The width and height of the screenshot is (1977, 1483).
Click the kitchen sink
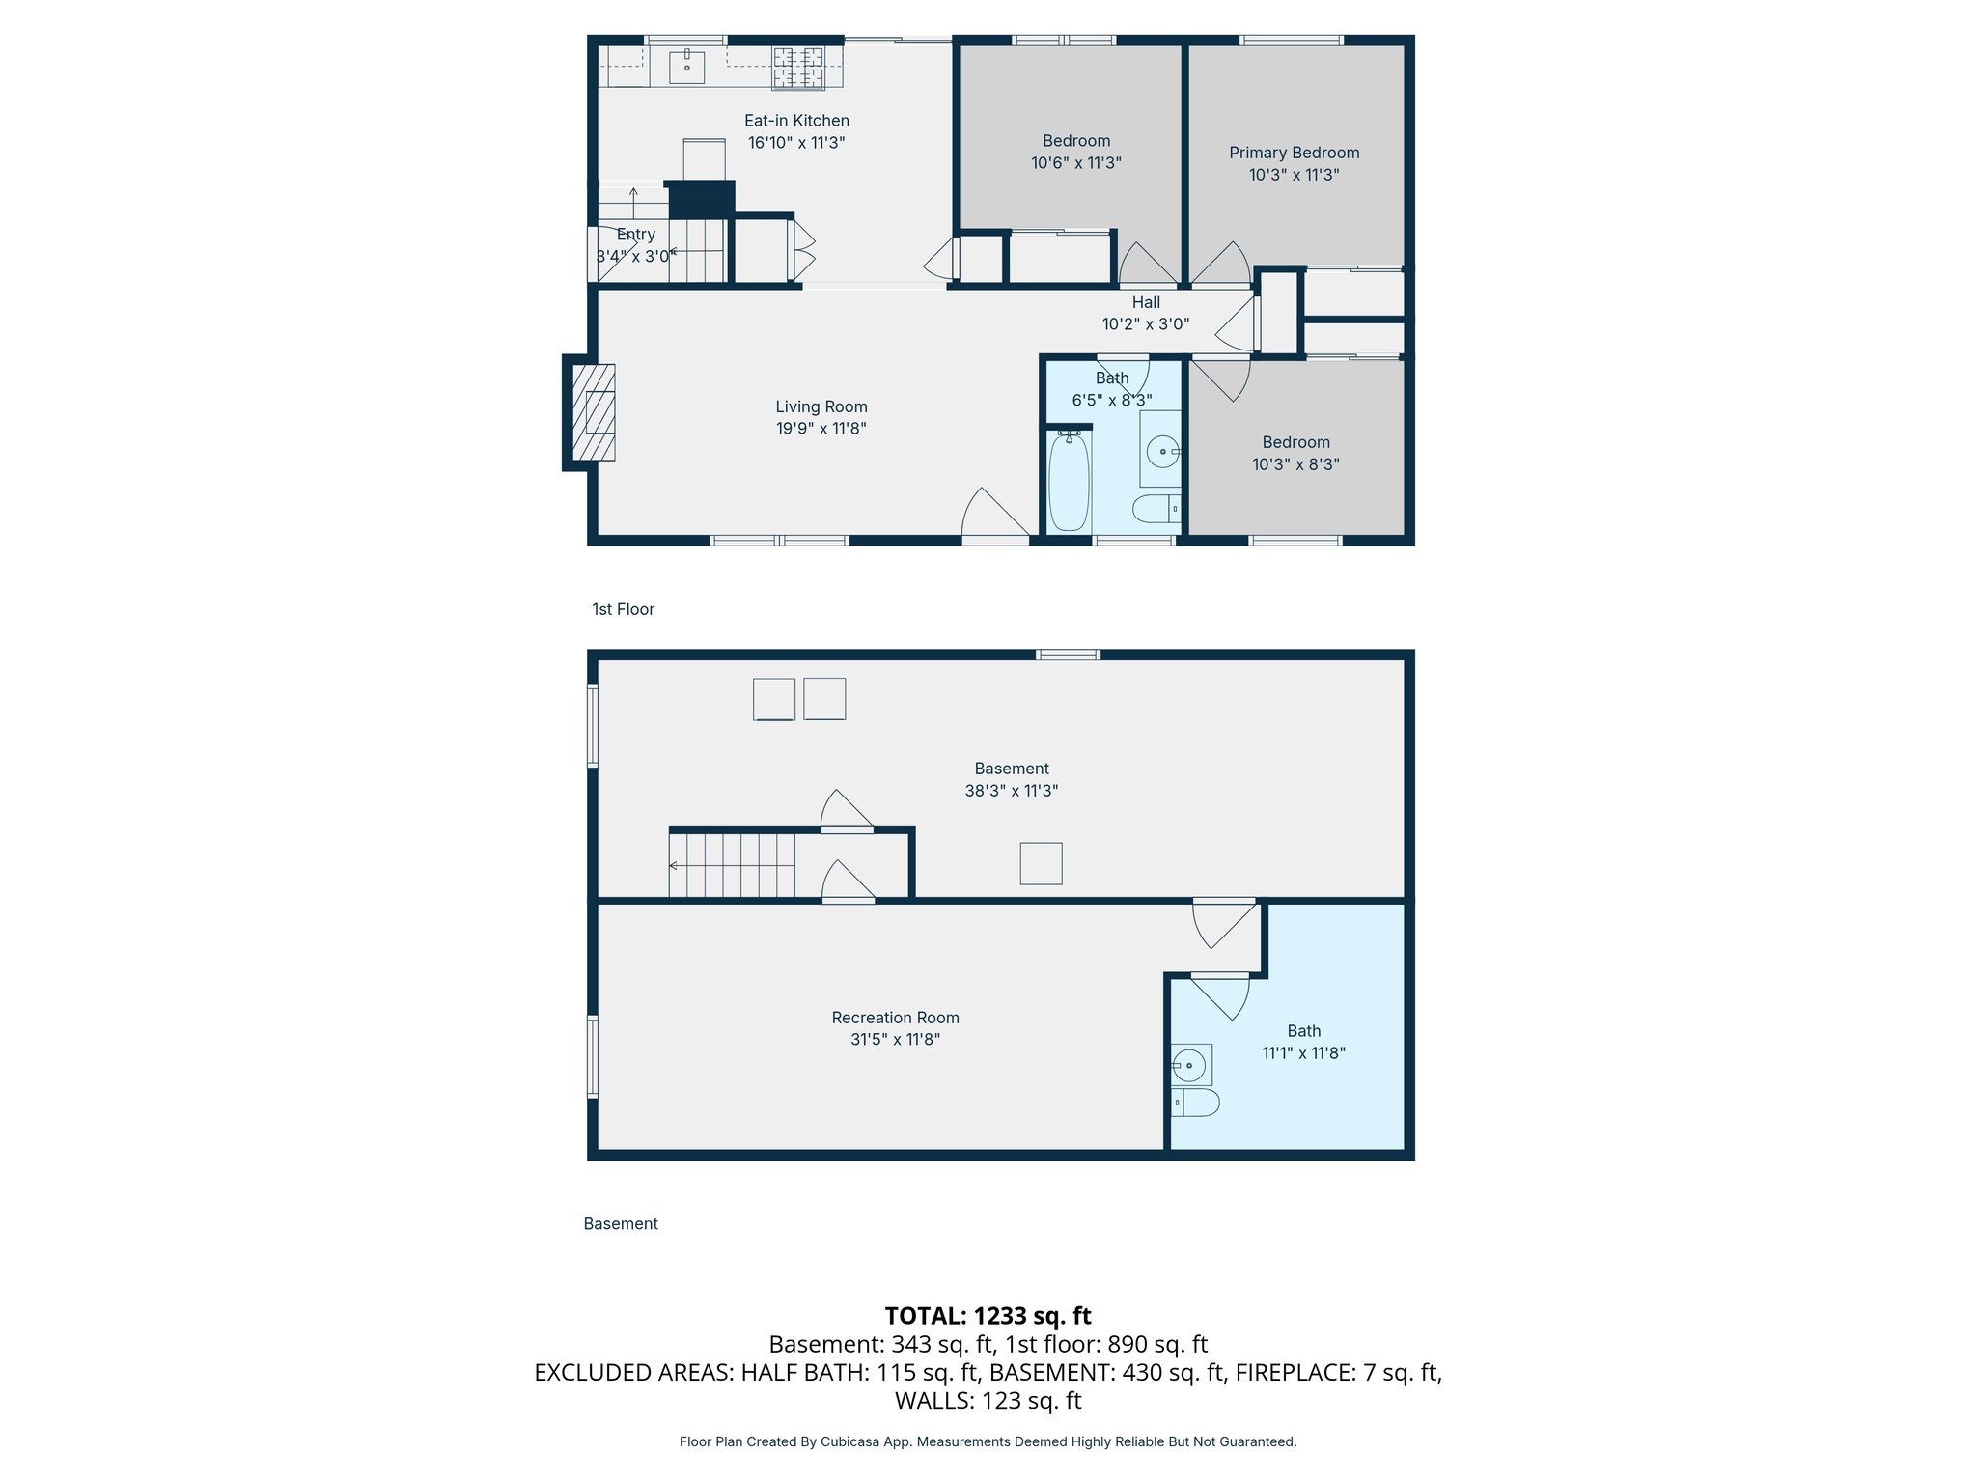click(x=686, y=68)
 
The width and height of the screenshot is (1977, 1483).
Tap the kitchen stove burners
click(x=797, y=68)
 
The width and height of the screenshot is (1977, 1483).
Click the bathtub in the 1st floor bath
click(x=1069, y=481)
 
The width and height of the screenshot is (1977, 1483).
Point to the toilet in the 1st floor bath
click(x=1155, y=508)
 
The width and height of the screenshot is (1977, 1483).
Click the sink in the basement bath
click(x=1190, y=1066)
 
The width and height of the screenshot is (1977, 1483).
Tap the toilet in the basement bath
click(x=1196, y=1103)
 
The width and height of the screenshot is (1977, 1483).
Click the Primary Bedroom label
click(x=1294, y=153)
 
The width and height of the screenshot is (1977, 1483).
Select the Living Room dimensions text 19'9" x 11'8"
click(x=821, y=429)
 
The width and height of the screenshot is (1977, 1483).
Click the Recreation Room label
click(x=895, y=1018)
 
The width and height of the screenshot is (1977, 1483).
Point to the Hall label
click(x=1146, y=302)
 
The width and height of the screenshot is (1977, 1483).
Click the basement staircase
click(x=732, y=865)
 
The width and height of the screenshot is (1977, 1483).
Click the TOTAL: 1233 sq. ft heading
click(x=988, y=1316)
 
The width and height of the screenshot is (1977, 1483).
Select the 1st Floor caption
click(x=623, y=609)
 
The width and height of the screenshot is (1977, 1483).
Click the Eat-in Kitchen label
click(x=796, y=121)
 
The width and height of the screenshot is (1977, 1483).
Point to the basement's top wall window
click(x=1068, y=655)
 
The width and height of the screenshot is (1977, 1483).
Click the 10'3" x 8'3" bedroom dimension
click(x=1295, y=464)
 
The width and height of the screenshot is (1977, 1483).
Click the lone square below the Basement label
click(x=1041, y=863)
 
